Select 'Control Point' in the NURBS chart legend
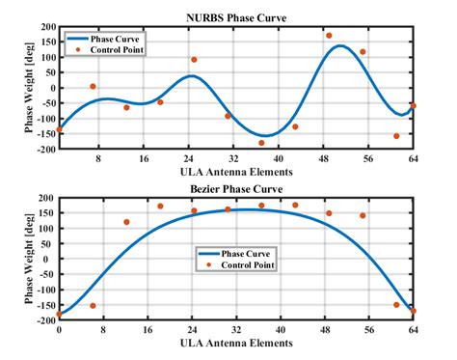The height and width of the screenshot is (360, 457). coord(117,49)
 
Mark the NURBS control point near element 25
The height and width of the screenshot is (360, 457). coord(194,60)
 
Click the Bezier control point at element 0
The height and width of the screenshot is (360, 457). coord(59,314)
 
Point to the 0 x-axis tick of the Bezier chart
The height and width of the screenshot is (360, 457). coord(59,329)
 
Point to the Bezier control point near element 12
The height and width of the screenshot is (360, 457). coord(126,222)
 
